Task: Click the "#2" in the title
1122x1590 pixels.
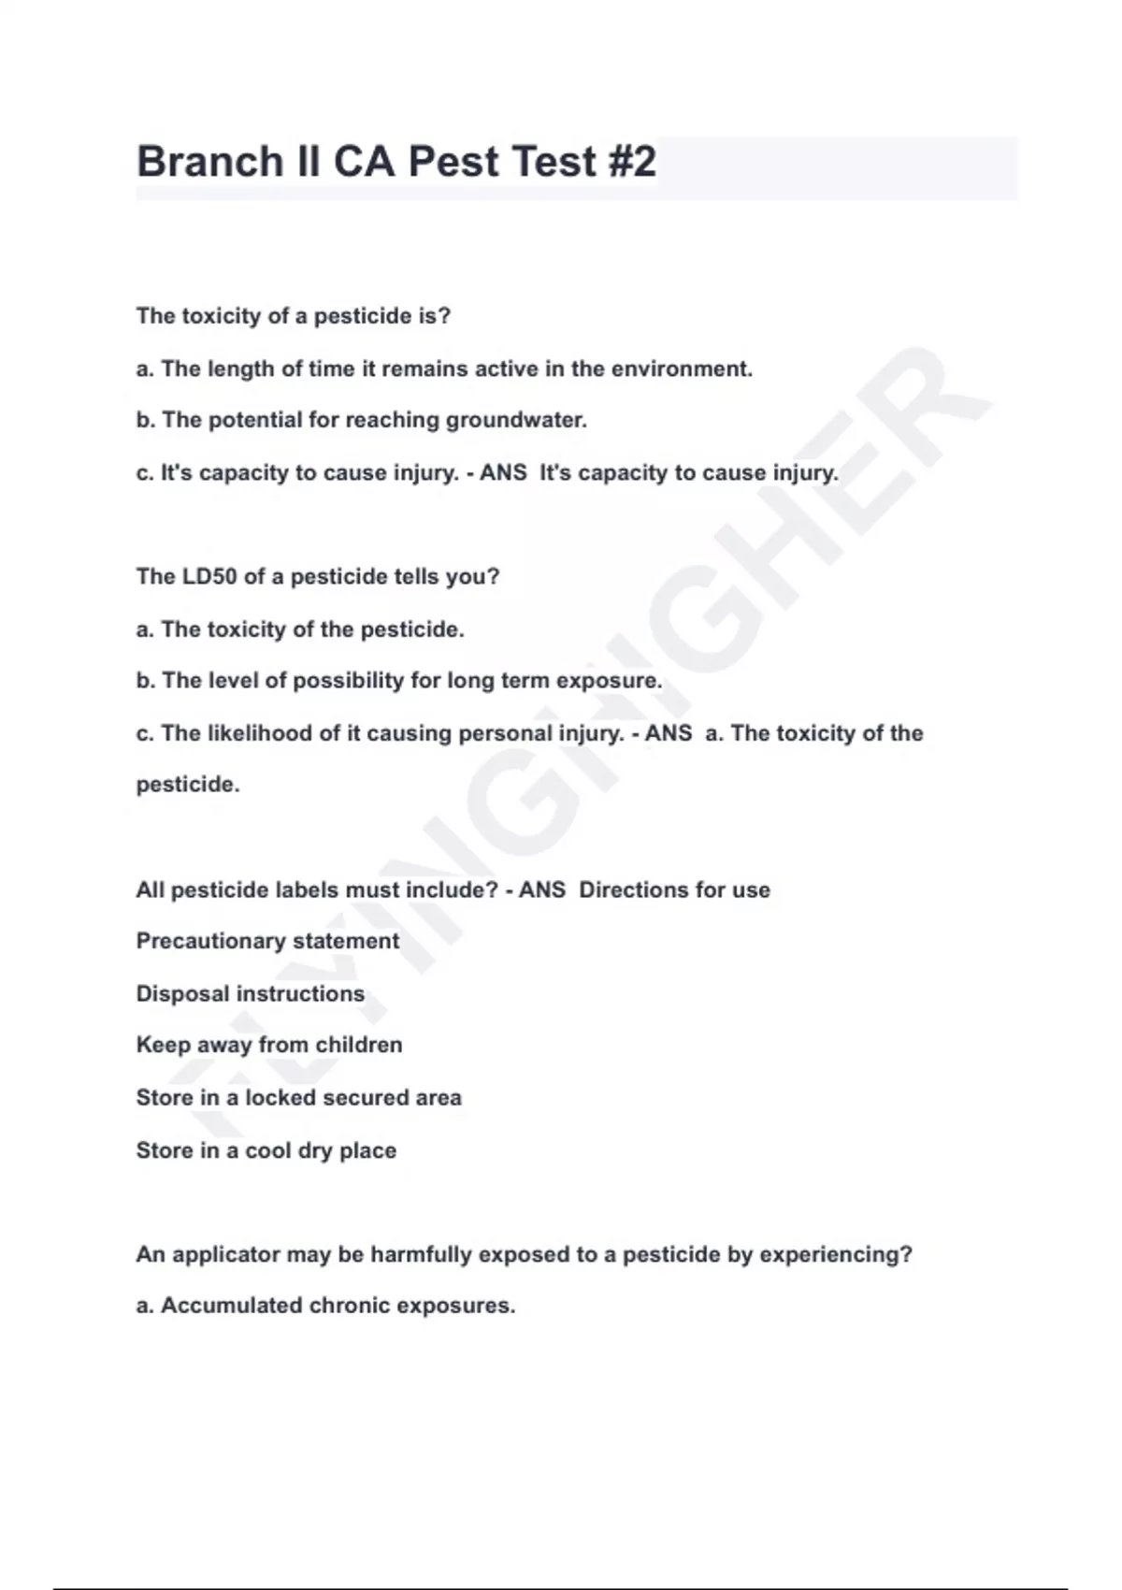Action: click(631, 162)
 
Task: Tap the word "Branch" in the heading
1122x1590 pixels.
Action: click(209, 162)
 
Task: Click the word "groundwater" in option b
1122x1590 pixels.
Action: click(514, 420)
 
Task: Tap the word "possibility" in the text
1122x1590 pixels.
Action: click(348, 681)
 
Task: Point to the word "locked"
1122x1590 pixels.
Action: click(280, 1097)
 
